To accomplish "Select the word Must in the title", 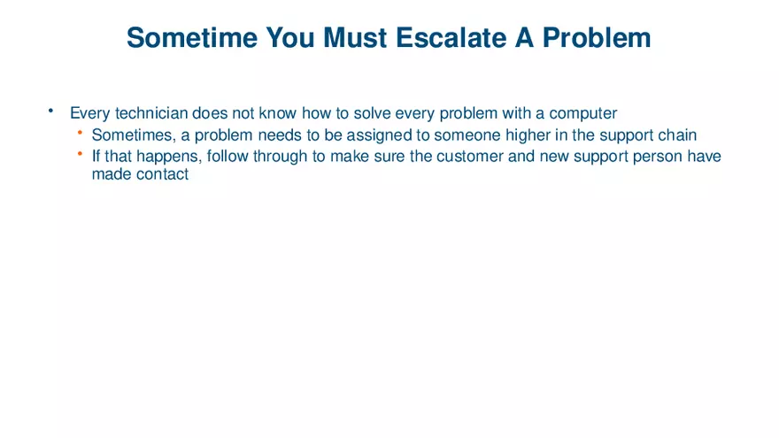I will (x=358, y=37).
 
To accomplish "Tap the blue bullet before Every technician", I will (x=51, y=111).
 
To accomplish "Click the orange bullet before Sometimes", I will (x=79, y=133).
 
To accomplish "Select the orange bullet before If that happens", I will (x=79, y=154).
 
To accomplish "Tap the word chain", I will (x=677, y=135).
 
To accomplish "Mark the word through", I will (x=282, y=157).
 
